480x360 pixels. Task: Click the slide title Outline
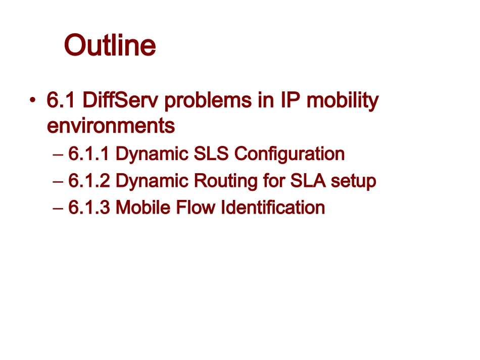coord(110,45)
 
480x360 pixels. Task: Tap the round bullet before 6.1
coord(33,100)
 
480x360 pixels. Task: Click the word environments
coord(111,126)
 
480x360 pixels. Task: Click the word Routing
coord(226,181)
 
